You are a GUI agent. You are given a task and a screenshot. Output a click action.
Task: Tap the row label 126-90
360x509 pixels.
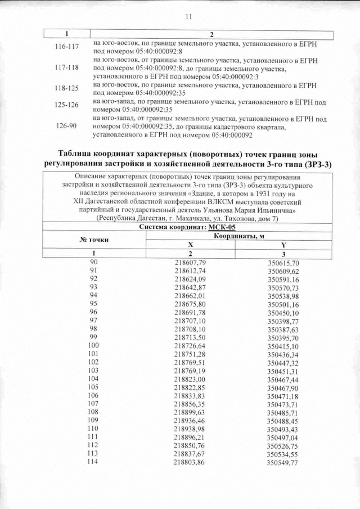point(66,127)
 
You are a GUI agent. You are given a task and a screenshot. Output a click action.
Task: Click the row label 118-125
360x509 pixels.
point(67,89)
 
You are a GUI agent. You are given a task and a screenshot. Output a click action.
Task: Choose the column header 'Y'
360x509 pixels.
point(282,245)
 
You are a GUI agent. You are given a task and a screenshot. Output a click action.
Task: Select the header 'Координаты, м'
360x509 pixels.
point(236,236)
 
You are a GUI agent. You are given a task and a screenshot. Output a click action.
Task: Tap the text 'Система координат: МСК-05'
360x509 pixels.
point(179,227)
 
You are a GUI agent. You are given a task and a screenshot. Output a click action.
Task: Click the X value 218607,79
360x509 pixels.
point(190,263)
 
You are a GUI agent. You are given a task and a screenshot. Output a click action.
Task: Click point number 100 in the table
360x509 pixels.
point(93,345)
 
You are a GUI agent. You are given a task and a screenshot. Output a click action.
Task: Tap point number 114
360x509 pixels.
point(93,462)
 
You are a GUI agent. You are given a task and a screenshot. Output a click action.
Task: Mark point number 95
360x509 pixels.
point(93,303)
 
